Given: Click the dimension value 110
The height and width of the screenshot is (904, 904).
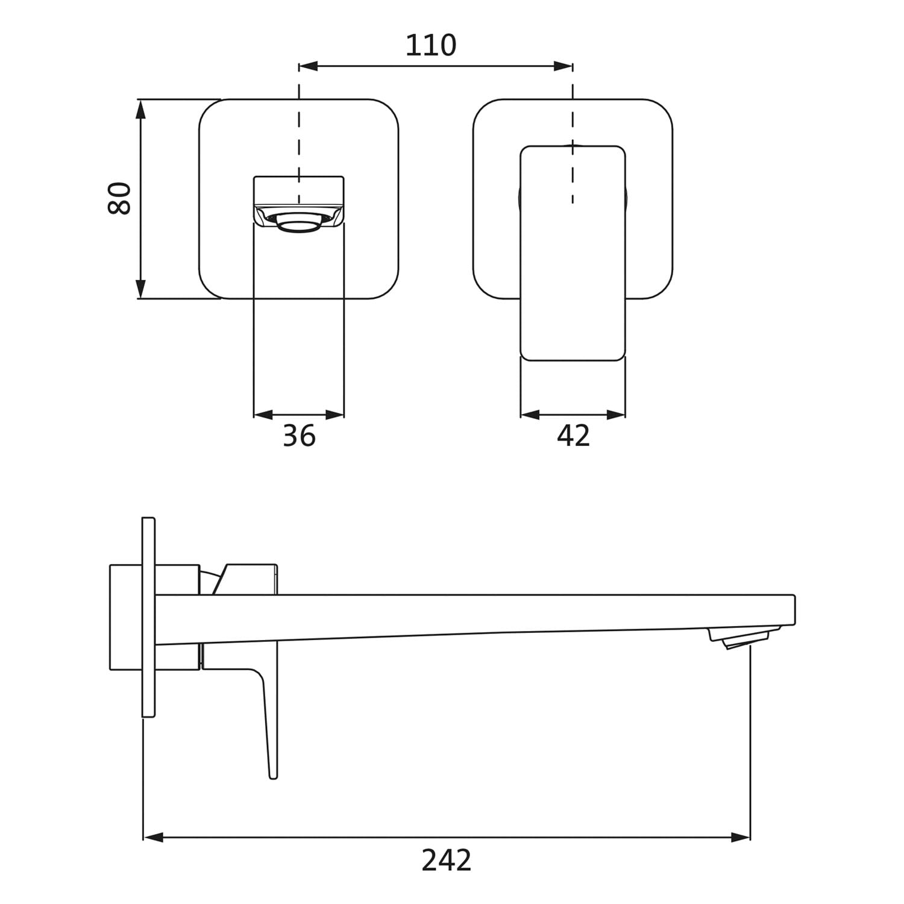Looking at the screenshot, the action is (x=430, y=45).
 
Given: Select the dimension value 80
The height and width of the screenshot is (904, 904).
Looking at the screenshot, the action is (x=119, y=198).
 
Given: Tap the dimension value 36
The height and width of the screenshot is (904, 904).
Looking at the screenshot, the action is (x=299, y=435).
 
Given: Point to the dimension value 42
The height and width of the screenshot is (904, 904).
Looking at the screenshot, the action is (x=573, y=435).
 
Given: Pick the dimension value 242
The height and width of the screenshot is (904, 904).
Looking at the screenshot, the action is (x=446, y=860).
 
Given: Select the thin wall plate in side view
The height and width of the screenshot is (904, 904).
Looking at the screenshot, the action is (x=149, y=617).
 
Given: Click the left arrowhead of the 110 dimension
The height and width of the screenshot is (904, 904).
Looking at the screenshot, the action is (x=308, y=66).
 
